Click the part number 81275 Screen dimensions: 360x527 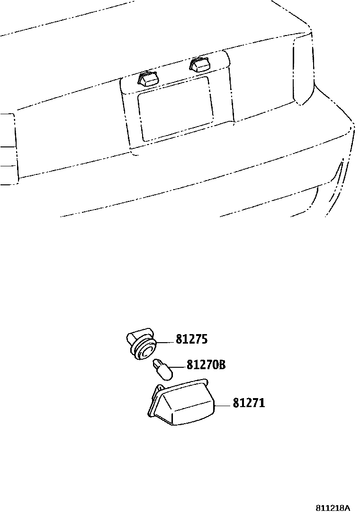[x=191, y=339]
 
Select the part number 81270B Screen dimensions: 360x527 [x=205, y=365]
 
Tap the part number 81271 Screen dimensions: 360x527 [x=248, y=403]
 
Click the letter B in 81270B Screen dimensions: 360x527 [x=221, y=365]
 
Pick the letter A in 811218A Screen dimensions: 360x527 [x=347, y=508]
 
